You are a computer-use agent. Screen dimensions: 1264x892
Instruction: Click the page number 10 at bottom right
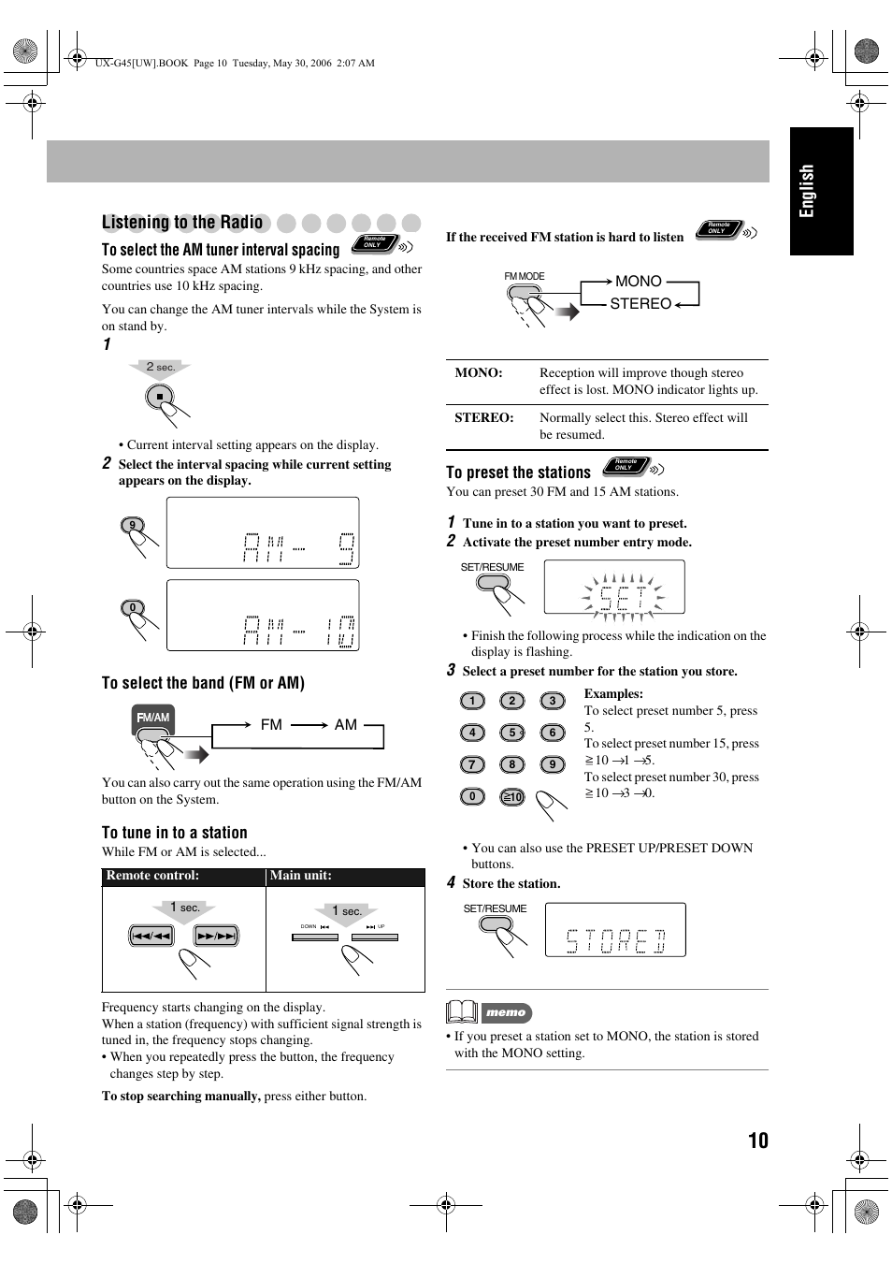pyautogui.click(x=757, y=1140)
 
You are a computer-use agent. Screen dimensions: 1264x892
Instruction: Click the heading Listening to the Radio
pyautogui.click(x=182, y=222)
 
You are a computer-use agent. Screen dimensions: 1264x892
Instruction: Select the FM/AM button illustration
pyautogui.click(x=153, y=719)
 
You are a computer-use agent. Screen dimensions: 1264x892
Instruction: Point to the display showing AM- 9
pyautogui.click(x=263, y=532)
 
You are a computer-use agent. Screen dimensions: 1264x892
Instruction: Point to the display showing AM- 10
pyautogui.click(x=263, y=615)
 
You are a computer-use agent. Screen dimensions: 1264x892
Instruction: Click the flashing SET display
pyautogui.click(x=614, y=588)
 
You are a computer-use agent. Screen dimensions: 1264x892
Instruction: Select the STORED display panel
pyautogui.click(x=615, y=929)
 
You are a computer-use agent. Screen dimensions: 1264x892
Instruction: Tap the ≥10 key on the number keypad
pyautogui.click(x=511, y=797)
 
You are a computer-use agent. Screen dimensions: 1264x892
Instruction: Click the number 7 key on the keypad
pyautogui.click(x=472, y=764)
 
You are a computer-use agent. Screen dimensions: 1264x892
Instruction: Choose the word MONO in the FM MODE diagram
pyautogui.click(x=639, y=282)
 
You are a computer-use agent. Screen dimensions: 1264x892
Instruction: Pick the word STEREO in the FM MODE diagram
pyautogui.click(x=640, y=304)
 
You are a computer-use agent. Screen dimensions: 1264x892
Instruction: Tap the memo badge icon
pyautogui.click(x=506, y=1012)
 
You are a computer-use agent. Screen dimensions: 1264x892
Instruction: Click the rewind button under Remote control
pyautogui.click(x=151, y=936)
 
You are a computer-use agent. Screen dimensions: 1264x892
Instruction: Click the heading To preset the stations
pyautogui.click(x=518, y=472)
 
